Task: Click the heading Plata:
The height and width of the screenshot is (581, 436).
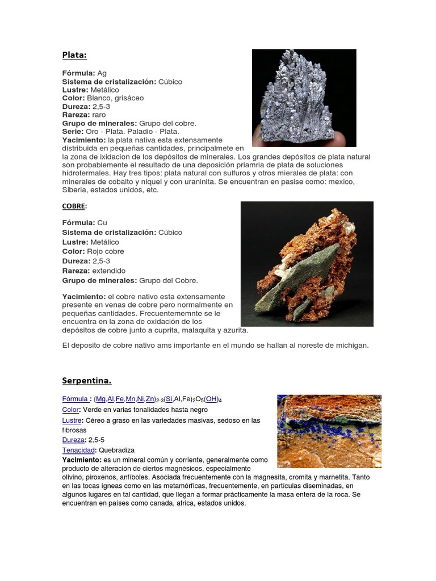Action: click(x=74, y=55)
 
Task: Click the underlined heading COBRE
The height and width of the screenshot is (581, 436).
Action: click(x=73, y=207)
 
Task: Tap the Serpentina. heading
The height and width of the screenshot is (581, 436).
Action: click(x=87, y=380)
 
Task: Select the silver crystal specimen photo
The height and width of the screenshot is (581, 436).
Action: click(x=304, y=98)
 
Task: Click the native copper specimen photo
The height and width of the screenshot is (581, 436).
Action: click(x=307, y=264)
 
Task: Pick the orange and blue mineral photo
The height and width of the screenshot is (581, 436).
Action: click(x=329, y=431)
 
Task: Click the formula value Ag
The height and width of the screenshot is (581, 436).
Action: click(x=102, y=73)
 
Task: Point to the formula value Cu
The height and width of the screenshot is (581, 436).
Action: click(x=102, y=222)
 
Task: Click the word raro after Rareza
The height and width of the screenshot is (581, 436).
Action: click(x=99, y=115)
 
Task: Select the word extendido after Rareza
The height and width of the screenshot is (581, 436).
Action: click(x=109, y=271)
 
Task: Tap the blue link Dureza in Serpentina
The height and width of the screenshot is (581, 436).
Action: click(x=73, y=440)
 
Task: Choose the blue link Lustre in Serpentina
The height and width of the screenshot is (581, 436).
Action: click(x=72, y=420)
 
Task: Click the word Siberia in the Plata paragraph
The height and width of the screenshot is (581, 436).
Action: click(x=75, y=190)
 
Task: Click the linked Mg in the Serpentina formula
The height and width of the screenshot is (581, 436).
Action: click(x=100, y=399)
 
